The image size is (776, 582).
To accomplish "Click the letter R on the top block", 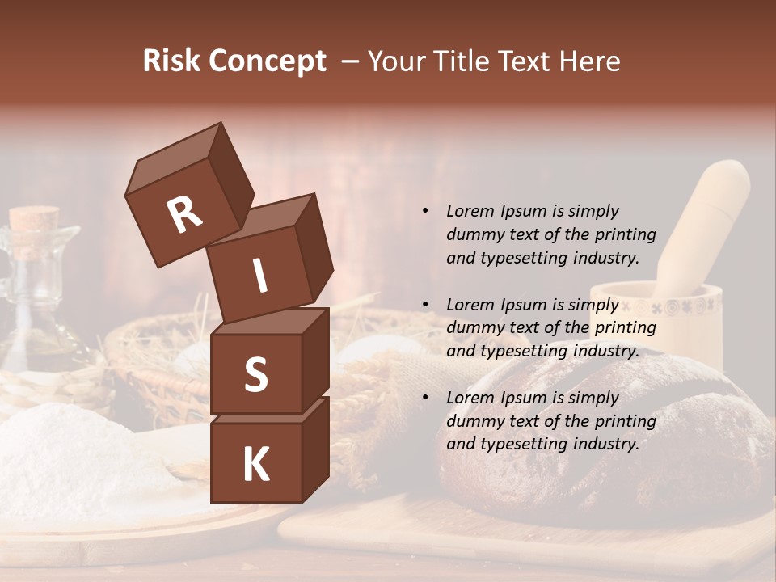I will [185, 214].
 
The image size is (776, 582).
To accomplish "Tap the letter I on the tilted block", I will [260, 277].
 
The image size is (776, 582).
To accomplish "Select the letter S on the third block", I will [255, 375].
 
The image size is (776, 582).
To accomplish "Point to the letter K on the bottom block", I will [255, 466].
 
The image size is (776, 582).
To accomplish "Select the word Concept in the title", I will [266, 62].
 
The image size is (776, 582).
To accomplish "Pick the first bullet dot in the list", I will [425, 211].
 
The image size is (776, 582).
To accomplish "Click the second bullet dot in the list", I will [425, 305].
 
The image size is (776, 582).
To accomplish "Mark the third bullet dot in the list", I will [425, 398].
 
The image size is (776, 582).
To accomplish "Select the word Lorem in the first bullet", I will [470, 211].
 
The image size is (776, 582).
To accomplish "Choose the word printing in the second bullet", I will [624, 327].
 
